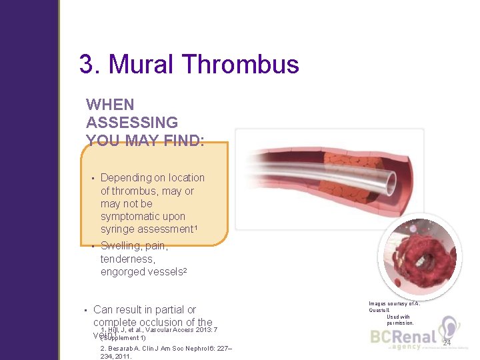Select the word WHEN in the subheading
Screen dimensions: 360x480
pos(110,105)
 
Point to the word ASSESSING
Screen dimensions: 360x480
pos(132,123)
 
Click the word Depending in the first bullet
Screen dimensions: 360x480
pos(126,177)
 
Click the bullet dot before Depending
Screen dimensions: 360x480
pos(92,178)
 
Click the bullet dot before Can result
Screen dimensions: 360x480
pos(85,310)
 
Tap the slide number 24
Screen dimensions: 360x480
pos(447,343)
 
